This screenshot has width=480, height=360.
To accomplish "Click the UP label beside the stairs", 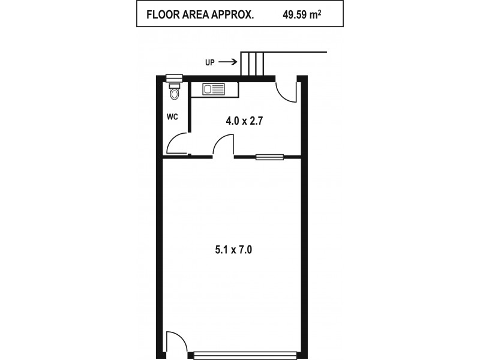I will pyautogui.click(x=209, y=61).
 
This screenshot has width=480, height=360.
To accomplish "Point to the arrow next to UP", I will pyautogui.click(x=227, y=61).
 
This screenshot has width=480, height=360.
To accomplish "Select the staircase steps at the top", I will pyautogui.click(x=253, y=64).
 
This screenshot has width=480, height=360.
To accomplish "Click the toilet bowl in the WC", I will pyautogui.click(x=174, y=94).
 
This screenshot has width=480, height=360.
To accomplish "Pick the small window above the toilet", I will pyautogui.click(x=174, y=77).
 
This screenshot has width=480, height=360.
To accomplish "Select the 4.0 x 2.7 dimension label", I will pyautogui.click(x=245, y=121).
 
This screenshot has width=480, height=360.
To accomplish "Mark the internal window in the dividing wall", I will pyautogui.click(x=269, y=157).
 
